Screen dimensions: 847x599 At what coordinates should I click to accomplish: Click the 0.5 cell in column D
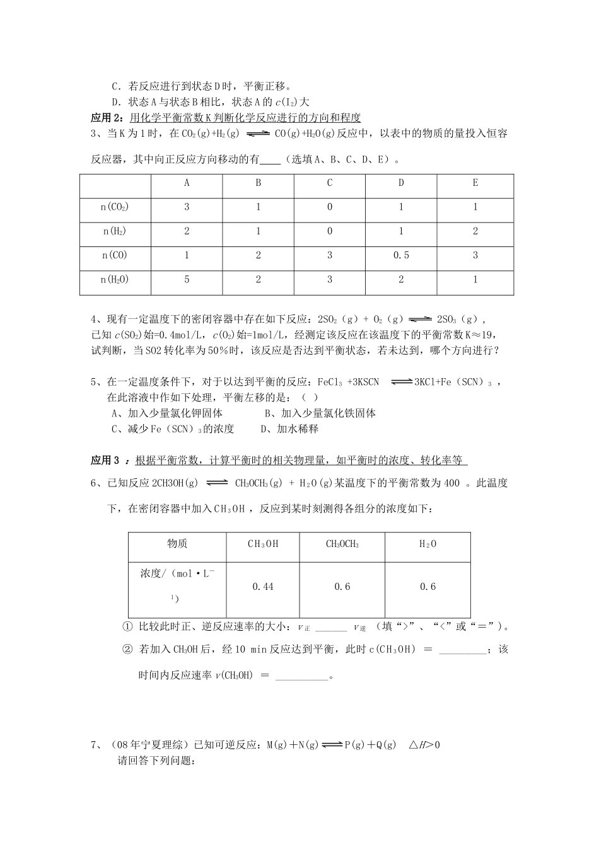pos(401,255)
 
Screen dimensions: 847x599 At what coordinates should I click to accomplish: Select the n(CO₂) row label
pos(115,207)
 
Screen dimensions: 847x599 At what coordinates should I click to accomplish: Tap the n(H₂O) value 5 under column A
pos(187,279)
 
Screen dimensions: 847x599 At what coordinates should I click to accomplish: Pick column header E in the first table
pos(475,183)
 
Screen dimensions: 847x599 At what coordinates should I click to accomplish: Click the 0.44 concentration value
pos(263,587)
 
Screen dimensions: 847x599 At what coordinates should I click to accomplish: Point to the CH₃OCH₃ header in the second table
pos(342,544)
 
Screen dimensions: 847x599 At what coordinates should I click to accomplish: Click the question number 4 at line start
pos(95,320)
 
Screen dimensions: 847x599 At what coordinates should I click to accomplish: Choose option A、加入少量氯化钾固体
pos(167,413)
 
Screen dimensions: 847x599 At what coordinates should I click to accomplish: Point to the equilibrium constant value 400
pos(452,483)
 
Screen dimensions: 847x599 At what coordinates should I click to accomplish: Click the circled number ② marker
pos(127,649)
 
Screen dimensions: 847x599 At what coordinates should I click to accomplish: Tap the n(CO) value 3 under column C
pos(330,255)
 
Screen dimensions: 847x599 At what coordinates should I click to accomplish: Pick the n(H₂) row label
pos(115,231)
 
